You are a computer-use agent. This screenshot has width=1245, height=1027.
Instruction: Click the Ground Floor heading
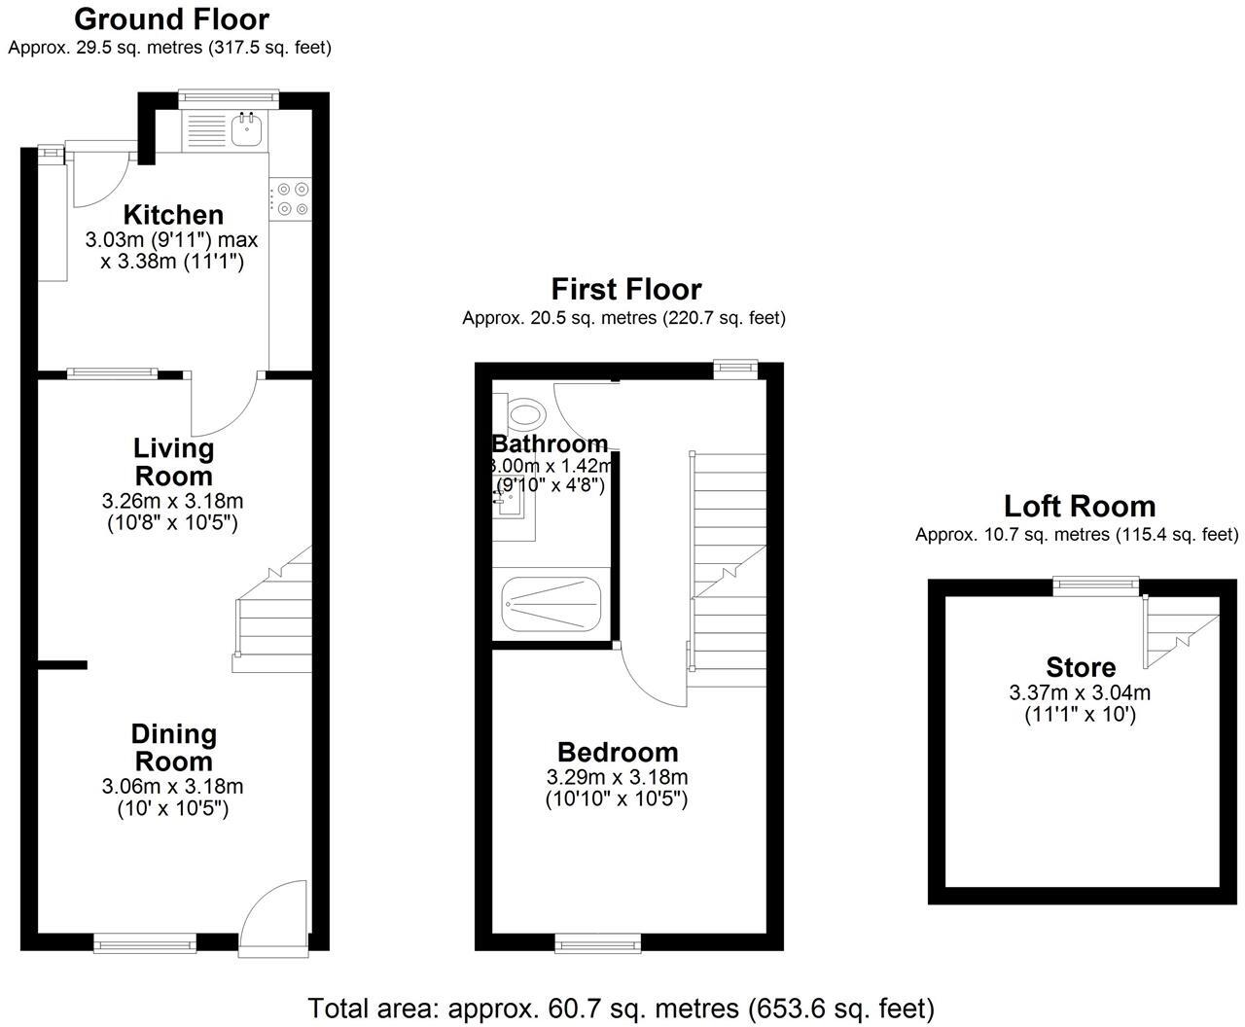(x=172, y=19)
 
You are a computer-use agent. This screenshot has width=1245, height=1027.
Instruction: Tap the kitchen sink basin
(x=246, y=130)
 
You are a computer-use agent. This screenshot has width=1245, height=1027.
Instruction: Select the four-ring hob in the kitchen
(x=291, y=199)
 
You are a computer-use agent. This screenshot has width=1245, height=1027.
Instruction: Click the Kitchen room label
(x=173, y=215)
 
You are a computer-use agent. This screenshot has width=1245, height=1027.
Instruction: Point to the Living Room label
(x=173, y=462)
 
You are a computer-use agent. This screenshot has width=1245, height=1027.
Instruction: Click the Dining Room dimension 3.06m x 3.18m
(x=172, y=786)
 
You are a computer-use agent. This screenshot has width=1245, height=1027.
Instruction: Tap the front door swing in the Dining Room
(x=274, y=912)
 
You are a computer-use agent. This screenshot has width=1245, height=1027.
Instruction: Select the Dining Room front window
(x=145, y=943)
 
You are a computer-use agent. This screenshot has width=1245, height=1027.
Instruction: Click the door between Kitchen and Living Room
(x=224, y=404)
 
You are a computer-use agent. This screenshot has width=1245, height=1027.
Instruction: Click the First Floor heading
(x=626, y=289)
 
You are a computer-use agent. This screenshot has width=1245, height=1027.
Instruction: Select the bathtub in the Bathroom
(x=551, y=604)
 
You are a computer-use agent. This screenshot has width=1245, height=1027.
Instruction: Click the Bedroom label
(x=618, y=753)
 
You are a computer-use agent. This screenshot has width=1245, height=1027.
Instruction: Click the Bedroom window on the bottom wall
(x=598, y=943)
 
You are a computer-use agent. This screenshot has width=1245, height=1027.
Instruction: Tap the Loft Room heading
(x=1080, y=507)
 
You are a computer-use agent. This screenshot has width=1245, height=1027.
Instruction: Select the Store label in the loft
(x=1081, y=667)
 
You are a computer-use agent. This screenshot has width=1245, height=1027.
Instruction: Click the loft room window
(x=1096, y=586)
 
